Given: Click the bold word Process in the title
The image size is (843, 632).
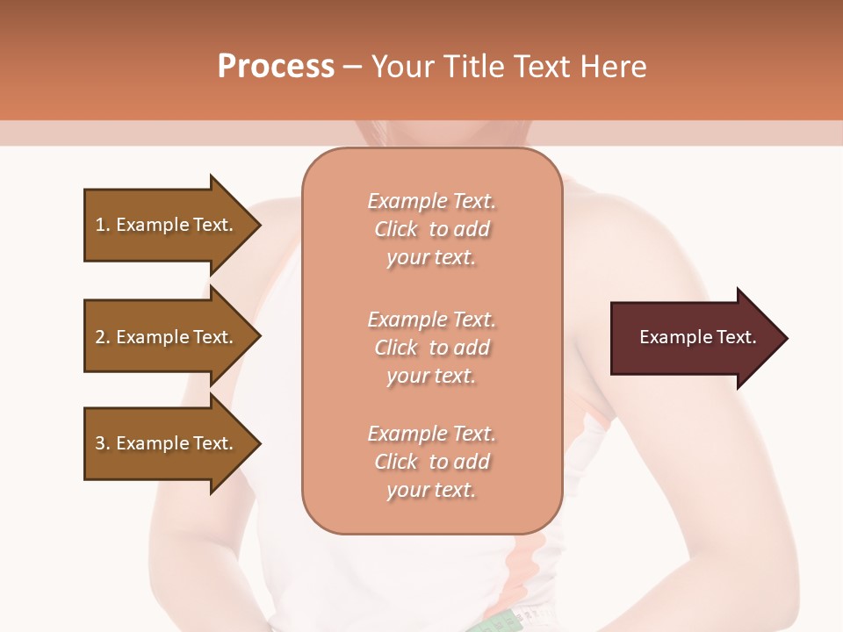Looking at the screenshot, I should (276, 67).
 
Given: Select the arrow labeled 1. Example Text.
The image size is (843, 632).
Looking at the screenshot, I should (167, 225).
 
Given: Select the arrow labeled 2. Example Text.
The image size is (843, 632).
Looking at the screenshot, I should (167, 337).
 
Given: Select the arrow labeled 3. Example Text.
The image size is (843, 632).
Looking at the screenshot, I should (167, 443).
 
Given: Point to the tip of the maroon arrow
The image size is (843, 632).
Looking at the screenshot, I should (785, 338).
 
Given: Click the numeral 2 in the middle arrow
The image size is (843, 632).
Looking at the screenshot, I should (99, 337).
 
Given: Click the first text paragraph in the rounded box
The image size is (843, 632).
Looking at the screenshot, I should (431, 229).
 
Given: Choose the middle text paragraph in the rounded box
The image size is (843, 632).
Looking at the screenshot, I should (431, 348).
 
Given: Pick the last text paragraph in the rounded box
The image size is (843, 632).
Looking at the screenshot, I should (431, 462).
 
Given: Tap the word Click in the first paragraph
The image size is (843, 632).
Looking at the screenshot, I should (395, 229).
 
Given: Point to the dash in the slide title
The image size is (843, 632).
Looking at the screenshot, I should (352, 68).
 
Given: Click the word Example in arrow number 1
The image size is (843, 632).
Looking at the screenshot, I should (152, 225).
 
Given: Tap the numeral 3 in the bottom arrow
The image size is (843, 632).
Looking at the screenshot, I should (99, 443).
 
